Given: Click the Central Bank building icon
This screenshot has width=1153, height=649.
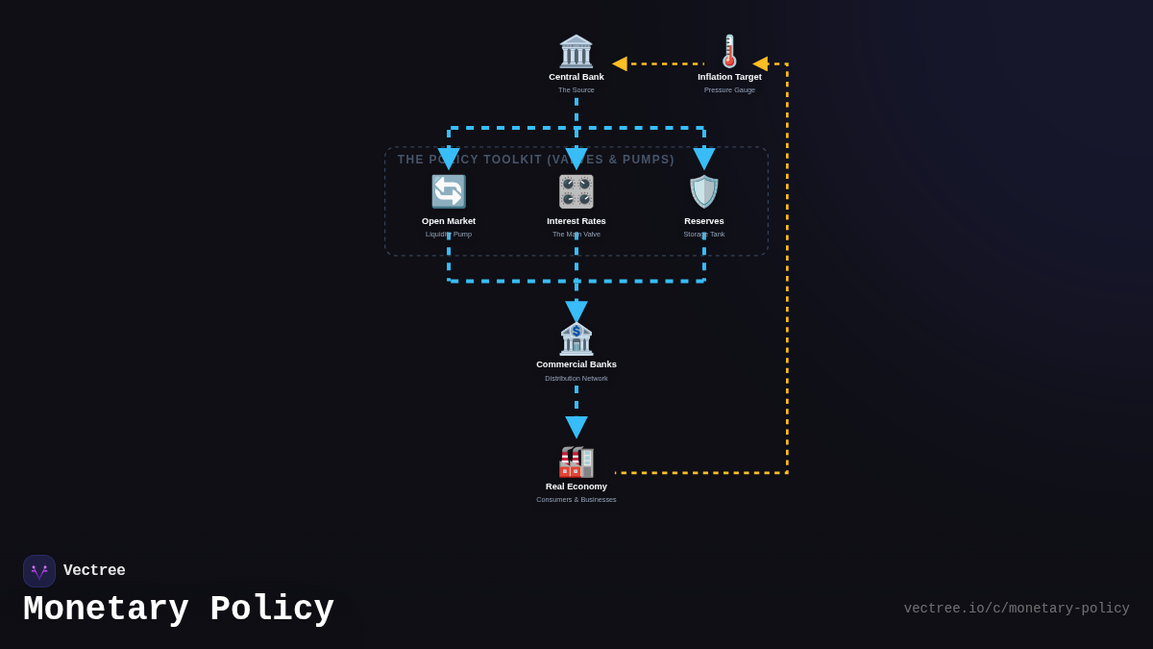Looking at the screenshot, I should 576,51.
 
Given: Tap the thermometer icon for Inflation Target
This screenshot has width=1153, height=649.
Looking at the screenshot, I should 729,51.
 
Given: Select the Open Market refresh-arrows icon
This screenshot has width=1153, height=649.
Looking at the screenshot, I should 449,191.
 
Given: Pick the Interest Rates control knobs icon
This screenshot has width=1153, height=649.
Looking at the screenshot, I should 576,191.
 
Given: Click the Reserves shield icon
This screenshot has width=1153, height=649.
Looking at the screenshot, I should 704,191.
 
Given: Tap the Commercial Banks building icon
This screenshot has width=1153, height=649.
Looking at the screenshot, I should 576,338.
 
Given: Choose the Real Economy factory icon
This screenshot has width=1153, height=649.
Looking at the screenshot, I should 576,461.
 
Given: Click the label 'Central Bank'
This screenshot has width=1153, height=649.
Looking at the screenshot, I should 576,77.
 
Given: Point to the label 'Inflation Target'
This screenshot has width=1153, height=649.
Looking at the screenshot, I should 729,77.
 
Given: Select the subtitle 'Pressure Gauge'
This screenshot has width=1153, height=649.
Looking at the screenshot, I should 729,90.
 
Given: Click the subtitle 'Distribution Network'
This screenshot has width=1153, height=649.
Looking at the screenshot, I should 576,379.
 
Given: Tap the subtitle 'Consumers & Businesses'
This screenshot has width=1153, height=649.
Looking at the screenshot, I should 576,500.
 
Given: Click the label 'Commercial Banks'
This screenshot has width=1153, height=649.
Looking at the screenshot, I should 576,364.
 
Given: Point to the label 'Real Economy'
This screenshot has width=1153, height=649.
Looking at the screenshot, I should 576,487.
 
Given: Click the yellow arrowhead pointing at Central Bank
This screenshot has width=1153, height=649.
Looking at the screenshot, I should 620,63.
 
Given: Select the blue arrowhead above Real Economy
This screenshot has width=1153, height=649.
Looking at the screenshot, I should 576,426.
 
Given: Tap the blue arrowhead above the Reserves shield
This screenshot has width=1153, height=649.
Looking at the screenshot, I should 704,158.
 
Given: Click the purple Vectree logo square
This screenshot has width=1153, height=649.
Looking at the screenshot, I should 39,571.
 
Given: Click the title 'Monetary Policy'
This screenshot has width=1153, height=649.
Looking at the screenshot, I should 179,610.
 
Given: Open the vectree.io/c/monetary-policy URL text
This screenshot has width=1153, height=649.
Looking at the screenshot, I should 1017,609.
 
